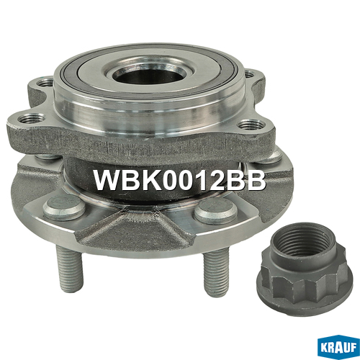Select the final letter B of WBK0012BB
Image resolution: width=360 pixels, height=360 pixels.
click(256, 180)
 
